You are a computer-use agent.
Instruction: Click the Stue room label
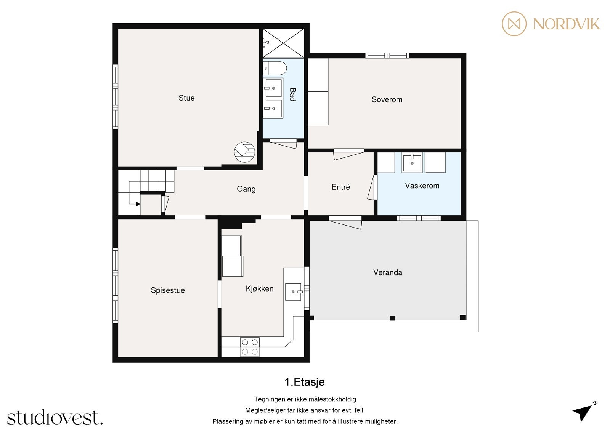click(x=186, y=98)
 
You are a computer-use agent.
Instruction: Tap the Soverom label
click(x=387, y=99)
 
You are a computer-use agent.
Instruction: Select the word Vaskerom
click(x=422, y=186)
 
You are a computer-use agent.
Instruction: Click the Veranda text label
click(x=387, y=272)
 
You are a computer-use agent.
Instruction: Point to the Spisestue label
click(x=168, y=290)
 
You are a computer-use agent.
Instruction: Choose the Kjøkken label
click(x=259, y=289)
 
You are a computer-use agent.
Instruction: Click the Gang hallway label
click(x=246, y=189)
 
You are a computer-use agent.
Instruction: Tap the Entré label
click(x=340, y=187)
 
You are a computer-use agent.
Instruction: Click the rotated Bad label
click(x=292, y=95)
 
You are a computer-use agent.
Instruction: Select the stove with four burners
click(x=250, y=347)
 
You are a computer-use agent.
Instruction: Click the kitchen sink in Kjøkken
click(x=293, y=292)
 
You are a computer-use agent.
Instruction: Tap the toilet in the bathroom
click(x=275, y=68)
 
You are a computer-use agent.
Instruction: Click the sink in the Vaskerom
click(x=412, y=163)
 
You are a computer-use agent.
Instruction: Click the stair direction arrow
click(x=137, y=204)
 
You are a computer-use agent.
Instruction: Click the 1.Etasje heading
click(x=305, y=382)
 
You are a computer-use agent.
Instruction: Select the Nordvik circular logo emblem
click(x=514, y=24)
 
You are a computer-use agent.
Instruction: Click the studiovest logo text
click(x=55, y=418)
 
